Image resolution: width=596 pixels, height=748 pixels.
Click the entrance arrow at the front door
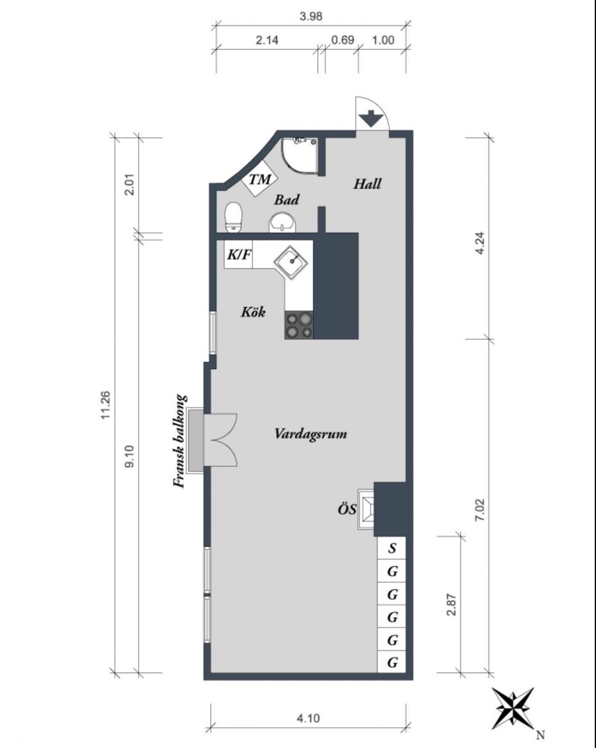pyautogui.click(x=371, y=119)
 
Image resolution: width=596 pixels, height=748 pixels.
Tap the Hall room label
pyautogui.click(x=367, y=184)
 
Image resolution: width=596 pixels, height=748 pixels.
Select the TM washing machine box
pyautogui.click(x=260, y=179)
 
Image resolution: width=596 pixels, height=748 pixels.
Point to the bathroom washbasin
pyautogui.click(x=283, y=223)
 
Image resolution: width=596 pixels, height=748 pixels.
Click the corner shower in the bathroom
pyautogui.click(x=299, y=156)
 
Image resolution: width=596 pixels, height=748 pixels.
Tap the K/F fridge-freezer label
pyautogui.click(x=238, y=254)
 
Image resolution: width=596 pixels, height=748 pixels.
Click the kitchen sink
pyautogui.click(x=292, y=262)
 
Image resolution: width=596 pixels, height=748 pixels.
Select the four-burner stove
pyautogui.click(x=299, y=325)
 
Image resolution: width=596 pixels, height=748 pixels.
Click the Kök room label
pyautogui.click(x=253, y=312)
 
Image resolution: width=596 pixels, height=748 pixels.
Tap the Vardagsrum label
pyautogui.click(x=310, y=434)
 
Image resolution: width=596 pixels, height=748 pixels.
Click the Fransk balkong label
pyautogui.click(x=179, y=441)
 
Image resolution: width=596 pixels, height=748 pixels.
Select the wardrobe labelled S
pyautogui.click(x=392, y=548)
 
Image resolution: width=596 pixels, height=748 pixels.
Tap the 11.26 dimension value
pyautogui.click(x=106, y=406)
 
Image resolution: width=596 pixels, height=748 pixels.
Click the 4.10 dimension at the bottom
pyautogui.click(x=308, y=718)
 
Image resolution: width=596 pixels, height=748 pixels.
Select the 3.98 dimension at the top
pyautogui.click(x=311, y=16)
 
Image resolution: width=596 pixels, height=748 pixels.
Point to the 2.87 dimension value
pyautogui.click(x=452, y=604)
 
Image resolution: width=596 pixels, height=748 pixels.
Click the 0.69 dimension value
pyautogui.click(x=342, y=40)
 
